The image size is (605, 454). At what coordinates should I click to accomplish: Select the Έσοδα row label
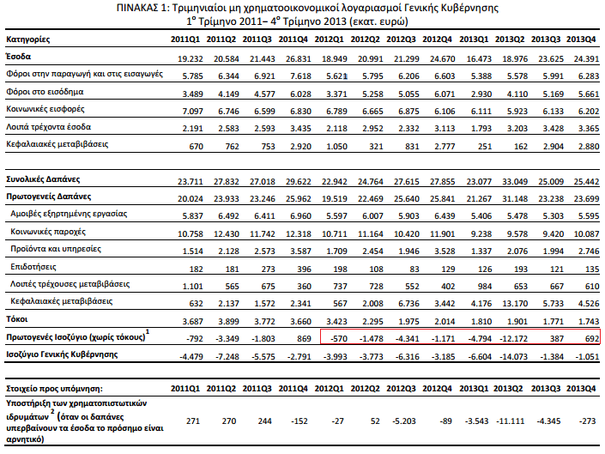(19, 56)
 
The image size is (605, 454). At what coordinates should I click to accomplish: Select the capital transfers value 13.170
(511, 303)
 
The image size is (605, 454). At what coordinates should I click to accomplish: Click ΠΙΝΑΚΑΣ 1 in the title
(137, 8)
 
